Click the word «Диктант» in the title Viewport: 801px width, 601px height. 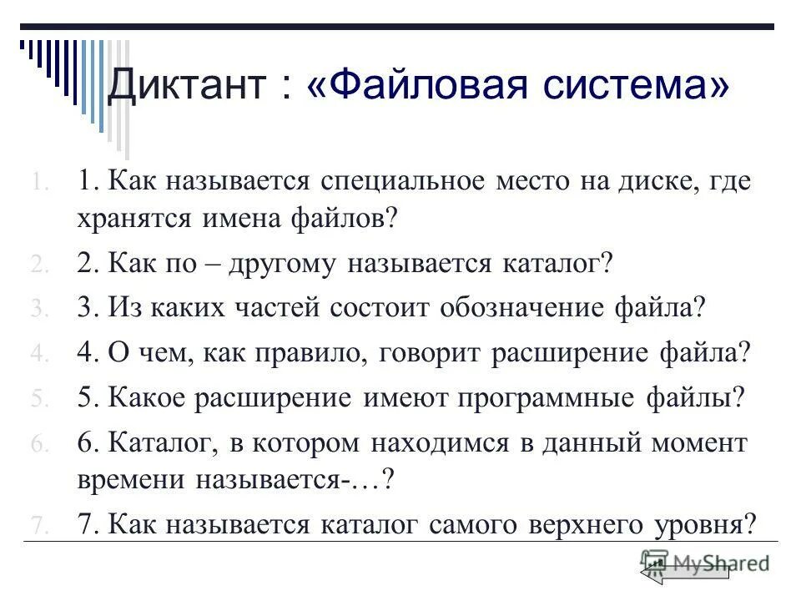pyautogui.click(x=188, y=86)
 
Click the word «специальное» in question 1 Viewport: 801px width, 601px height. pyautogui.click(x=392, y=183)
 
